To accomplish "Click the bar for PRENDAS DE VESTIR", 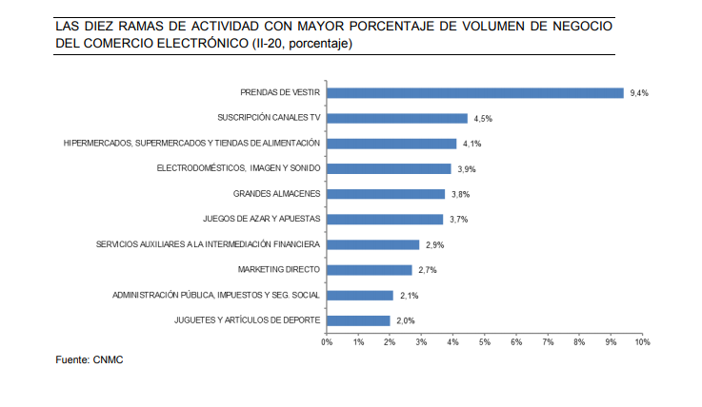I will point(474,93).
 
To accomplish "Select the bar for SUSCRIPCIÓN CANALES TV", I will point(396,119).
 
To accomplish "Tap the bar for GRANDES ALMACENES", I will point(386,194).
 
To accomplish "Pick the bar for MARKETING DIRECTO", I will point(369,270).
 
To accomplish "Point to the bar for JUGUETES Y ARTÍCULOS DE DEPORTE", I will point(358,320).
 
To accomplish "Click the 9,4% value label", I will point(639,93).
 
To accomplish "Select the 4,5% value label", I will point(484,119).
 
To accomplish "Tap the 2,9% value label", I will point(434,245).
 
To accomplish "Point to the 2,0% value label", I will point(406,320).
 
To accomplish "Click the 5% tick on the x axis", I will point(484,340).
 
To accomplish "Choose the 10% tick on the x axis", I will point(641,340).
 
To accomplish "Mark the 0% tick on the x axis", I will point(327,340).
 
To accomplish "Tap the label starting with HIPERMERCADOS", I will point(191,144).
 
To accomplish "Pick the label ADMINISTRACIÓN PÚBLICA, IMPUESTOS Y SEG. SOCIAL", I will point(216,296).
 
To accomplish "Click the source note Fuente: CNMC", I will point(90,360).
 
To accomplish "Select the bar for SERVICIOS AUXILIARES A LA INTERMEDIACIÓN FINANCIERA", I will point(372,245).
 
